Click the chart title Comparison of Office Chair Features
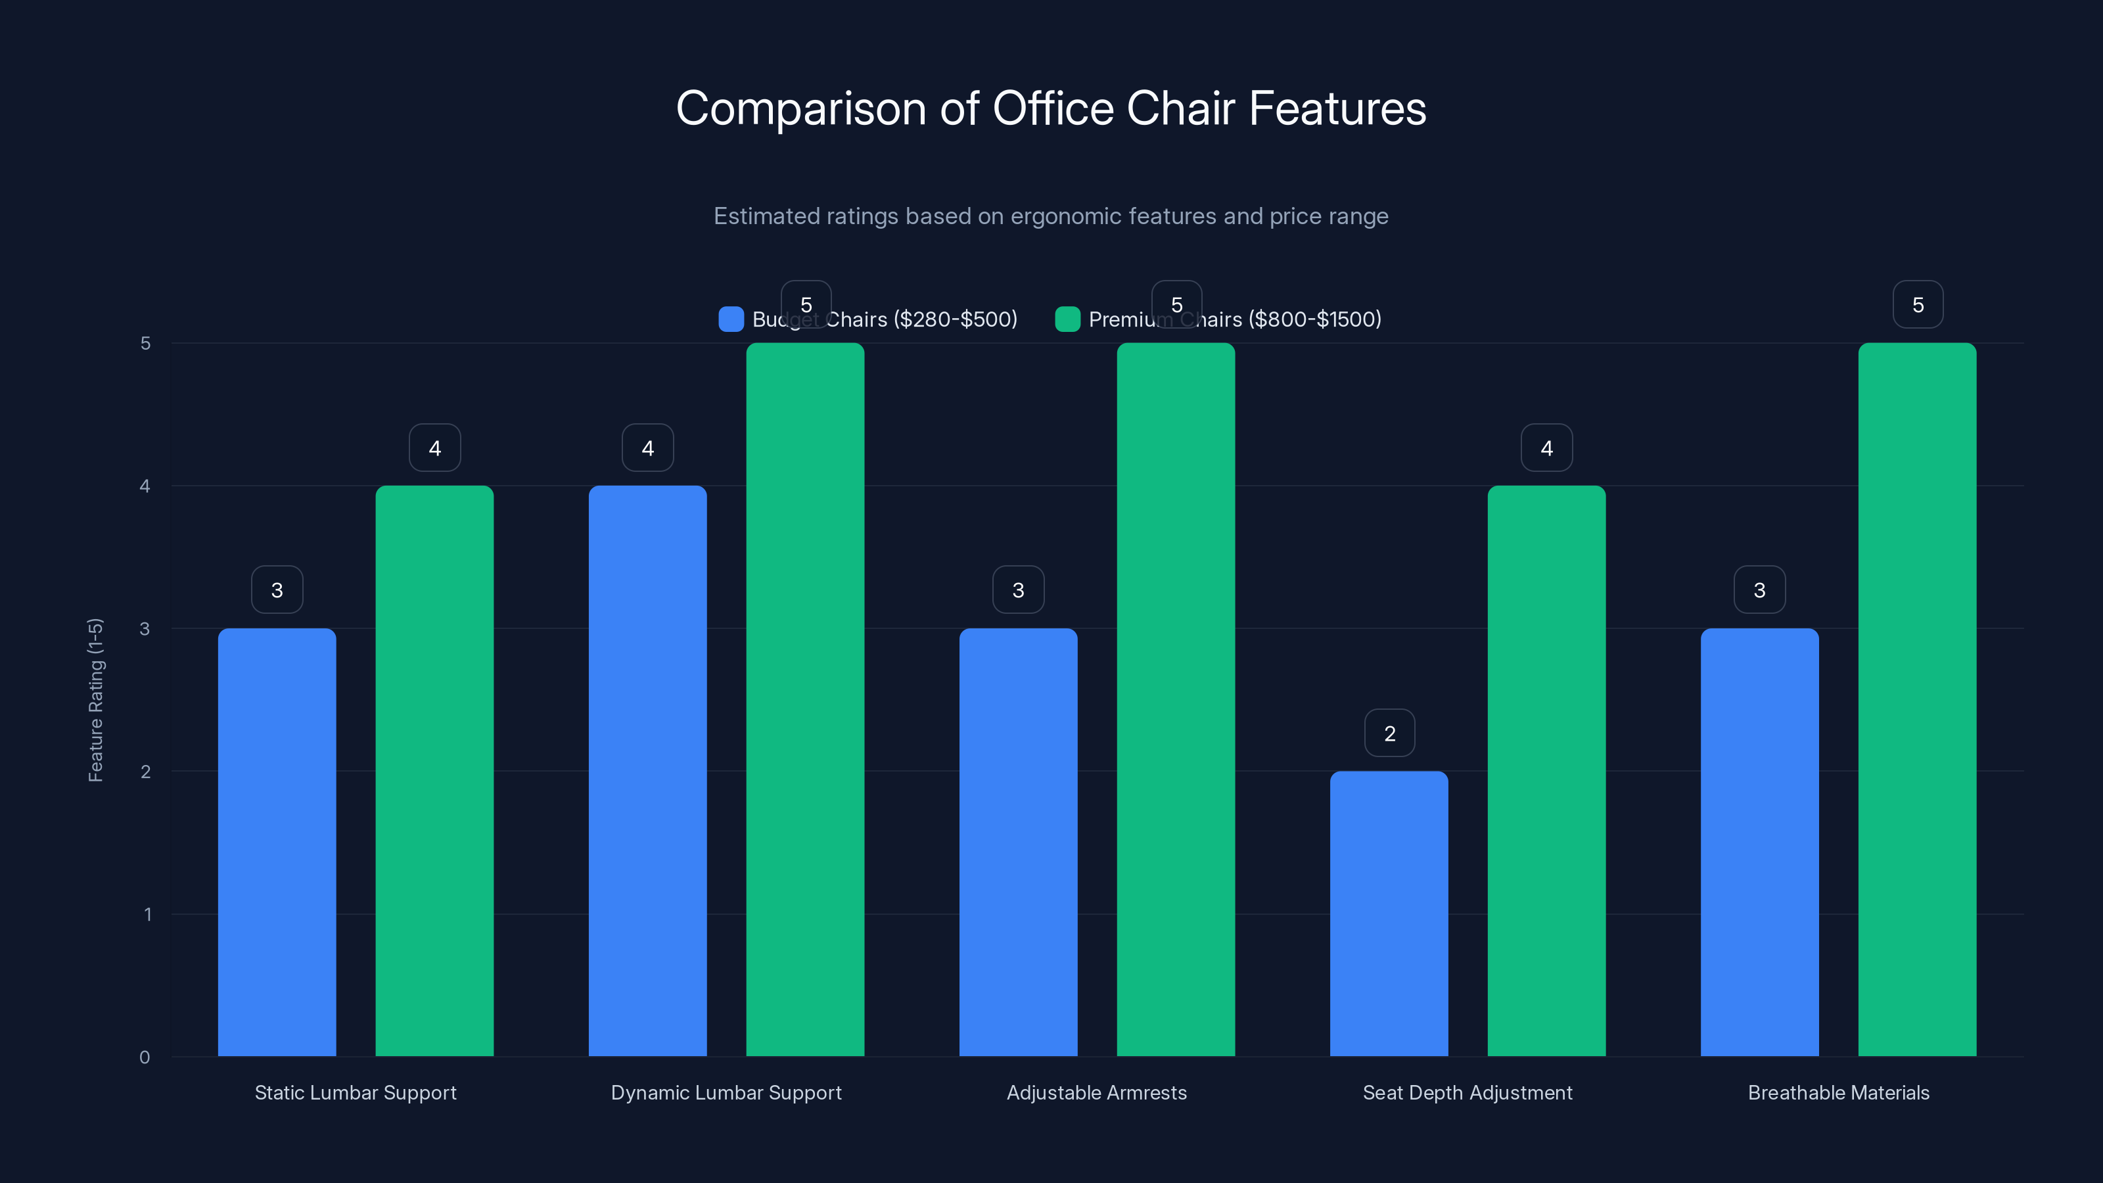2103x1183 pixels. pyautogui.click(x=1051, y=108)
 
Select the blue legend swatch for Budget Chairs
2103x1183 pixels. pyautogui.click(x=731, y=319)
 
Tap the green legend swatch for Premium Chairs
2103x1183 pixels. pyautogui.click(x=1067, y=319)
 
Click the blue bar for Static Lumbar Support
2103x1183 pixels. pyautogui.click(x=277, y=841)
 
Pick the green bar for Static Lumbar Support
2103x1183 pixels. pyautogui.click(x=434, y=771)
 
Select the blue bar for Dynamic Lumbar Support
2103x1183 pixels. pyautogui.click(x=647, y=771)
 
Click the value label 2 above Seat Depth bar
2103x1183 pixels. pyautogui.click(x=1389, y=733)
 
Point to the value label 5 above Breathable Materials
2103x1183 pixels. pyautogui.click(x=1918, y=304)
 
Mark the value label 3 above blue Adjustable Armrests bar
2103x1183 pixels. pyautogui.click(x=1018, y=590)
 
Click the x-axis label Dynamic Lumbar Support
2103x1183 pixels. pyautogui.click(x=726, y=1092)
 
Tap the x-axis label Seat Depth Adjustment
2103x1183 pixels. pyautogui.click(x=1467, y=1092)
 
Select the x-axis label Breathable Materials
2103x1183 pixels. pyautogui.click(x=1839, y=1092)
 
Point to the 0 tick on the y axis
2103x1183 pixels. pyautogui.click(x=145, y=1057)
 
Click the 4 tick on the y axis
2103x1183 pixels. pyautogui.click(x=145, y=486)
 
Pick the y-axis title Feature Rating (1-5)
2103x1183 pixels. pyautogui.click(x=95, y=700)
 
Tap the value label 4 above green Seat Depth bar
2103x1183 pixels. pyautogui.click(x=1546, y=448)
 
